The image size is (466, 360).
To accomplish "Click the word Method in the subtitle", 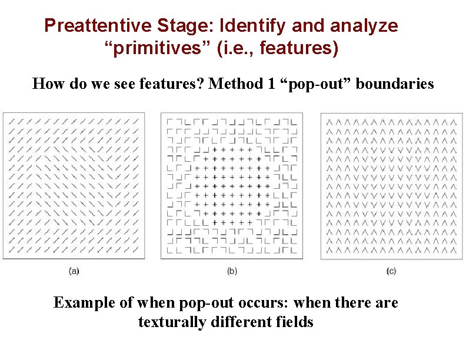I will [236, 84].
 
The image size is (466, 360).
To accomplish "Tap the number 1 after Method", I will [271, 84].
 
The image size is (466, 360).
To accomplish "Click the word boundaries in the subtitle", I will [395, 84].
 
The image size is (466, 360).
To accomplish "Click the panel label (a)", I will [74, 271].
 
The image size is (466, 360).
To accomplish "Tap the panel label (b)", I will [232, 271].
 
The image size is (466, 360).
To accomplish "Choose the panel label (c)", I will [391, 271].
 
